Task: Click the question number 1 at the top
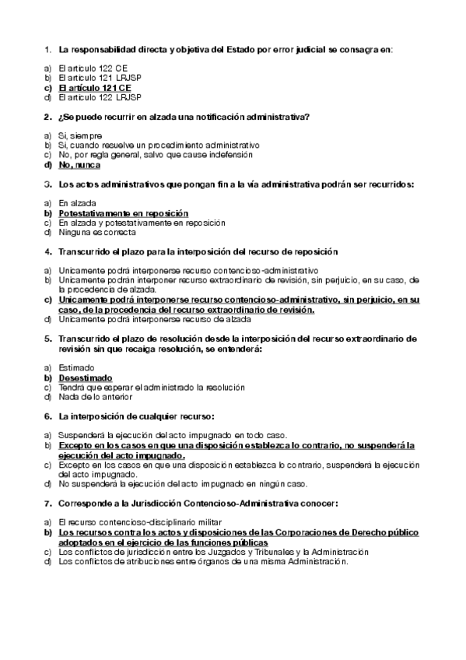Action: [48, 50]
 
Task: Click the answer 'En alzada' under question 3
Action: [75, 203]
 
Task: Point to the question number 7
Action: [48, 503]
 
